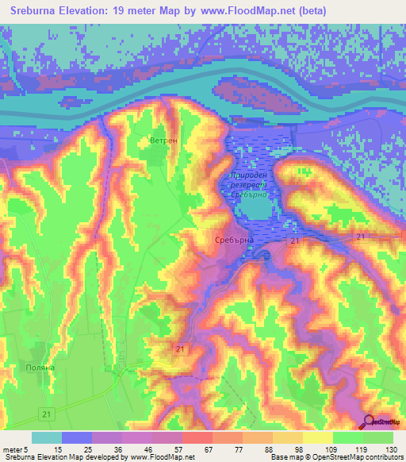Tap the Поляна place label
pos(40,368)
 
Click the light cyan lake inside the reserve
pos(255,208)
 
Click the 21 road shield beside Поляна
pos(48,414)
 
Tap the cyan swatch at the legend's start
pos(46,437)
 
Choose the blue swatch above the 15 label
pos(77,437)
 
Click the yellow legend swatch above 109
pos(317,437)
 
